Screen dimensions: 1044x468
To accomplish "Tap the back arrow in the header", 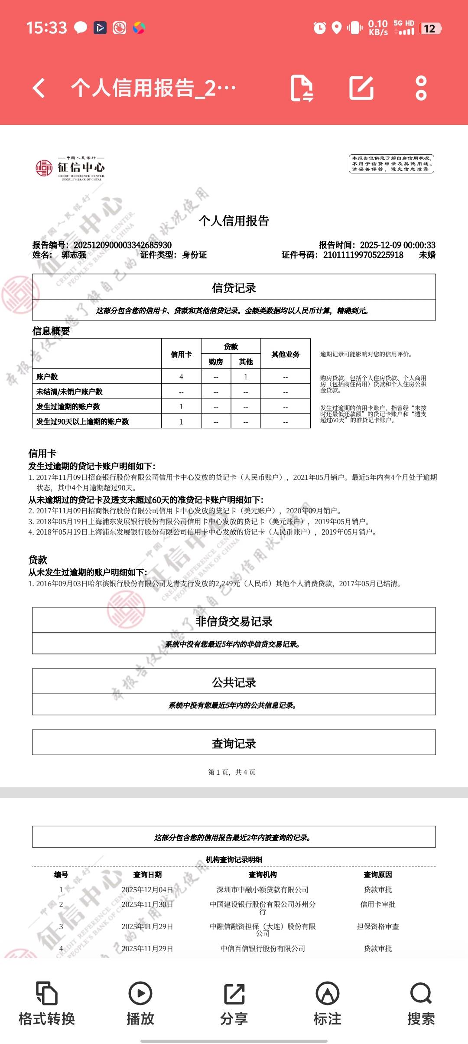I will (39, 88).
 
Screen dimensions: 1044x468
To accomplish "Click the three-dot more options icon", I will (421, 88).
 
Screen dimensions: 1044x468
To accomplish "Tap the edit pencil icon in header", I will (361, 88).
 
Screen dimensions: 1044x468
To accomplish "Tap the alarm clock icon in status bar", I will (320, 28).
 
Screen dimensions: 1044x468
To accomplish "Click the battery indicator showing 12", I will (430, 29).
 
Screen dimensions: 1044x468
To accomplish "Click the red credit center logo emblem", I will (44, 168).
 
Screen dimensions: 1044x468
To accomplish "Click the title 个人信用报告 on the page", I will (234, 221).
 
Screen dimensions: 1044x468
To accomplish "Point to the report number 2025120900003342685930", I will (123, 245).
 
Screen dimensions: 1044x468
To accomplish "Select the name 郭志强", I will (74, 255).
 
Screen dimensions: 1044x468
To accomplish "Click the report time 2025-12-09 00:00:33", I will (397, 245).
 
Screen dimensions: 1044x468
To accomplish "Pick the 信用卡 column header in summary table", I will (181, 354).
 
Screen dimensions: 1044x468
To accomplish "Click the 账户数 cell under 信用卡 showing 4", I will (181, 377).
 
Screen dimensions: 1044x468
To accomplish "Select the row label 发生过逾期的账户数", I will (68, 407).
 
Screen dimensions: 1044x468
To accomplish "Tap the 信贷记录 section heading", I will (234, 288).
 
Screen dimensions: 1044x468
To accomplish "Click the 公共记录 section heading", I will (234, 683).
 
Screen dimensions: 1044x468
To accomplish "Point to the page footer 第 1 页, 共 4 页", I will (232, 772).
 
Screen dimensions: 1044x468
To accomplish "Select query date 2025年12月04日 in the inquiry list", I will (147, 890).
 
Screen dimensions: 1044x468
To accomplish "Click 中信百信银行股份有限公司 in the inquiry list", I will (263, 949).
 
